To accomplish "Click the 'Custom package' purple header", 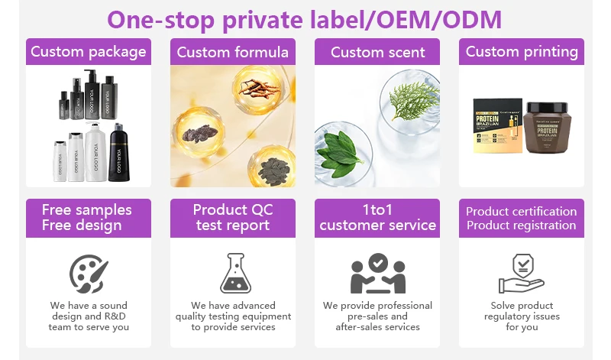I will [88, 52].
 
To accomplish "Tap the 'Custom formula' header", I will [232, 52].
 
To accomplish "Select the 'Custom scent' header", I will [377, 52].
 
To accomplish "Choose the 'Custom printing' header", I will [522, 52].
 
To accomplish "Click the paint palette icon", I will [89, 273].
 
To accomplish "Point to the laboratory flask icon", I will [232, 273].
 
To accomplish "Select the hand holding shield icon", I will [522, 273].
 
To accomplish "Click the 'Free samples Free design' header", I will [88, 217].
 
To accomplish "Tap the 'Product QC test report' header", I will [232, 217].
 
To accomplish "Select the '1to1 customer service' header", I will [377, 217].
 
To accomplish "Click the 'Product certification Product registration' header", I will [522, 218].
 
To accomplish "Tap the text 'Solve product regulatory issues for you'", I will [522, 316].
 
